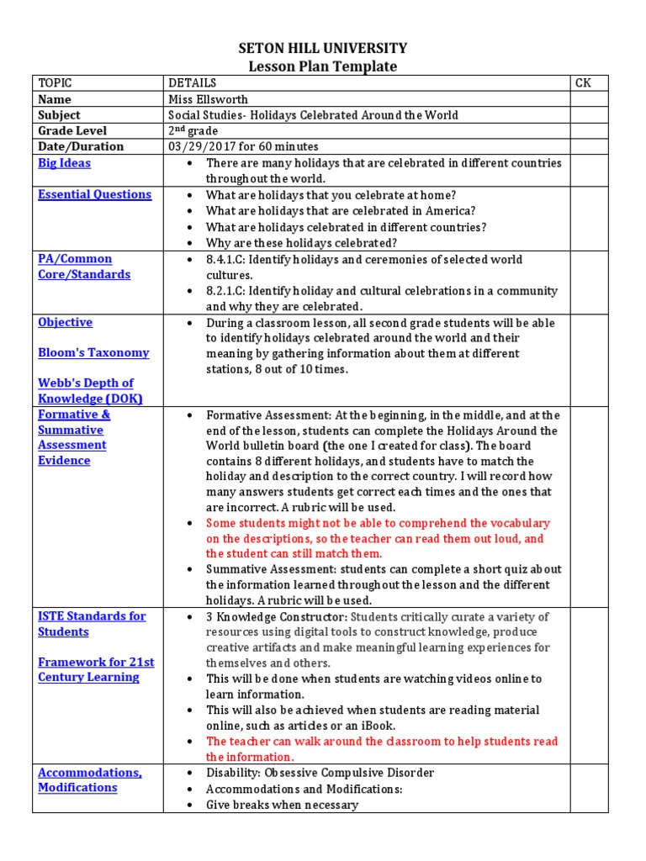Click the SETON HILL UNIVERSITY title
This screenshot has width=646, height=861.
tap(323, 49)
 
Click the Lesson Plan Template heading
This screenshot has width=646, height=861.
tap(323, 66)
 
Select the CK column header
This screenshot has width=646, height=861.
tap(583, 83)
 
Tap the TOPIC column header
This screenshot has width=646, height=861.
tap(56, 83)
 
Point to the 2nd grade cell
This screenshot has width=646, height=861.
tap(193, 130)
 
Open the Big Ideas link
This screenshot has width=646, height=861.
tap(64, 163)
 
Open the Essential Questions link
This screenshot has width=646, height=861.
tap(94, 194)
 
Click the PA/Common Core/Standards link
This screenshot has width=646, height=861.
tap(83, 267)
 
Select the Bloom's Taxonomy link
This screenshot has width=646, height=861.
tap(93, 352)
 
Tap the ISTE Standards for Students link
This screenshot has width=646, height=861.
tap(91, 624)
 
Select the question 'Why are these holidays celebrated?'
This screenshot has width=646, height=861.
tap(301, 243)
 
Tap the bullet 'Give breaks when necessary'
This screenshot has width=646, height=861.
tap(282, 805)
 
